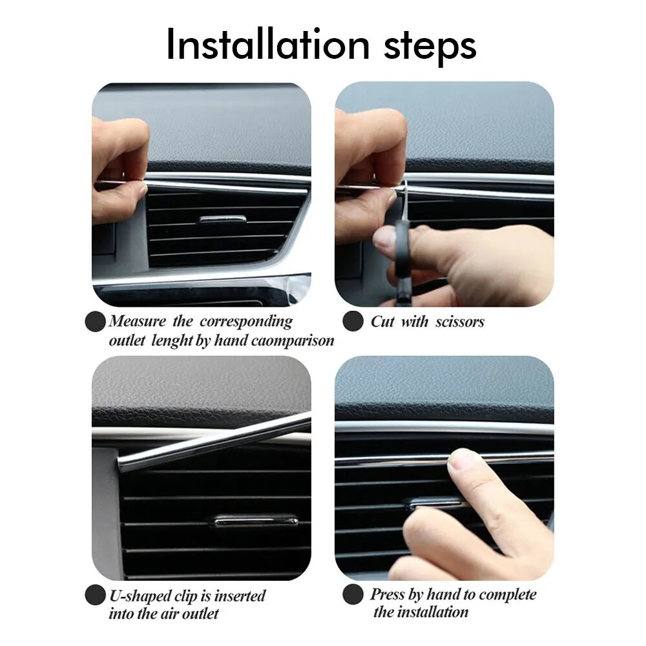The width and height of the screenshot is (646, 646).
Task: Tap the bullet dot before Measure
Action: tap(95, 321)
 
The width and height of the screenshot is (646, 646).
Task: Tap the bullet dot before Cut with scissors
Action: tap(353, 321)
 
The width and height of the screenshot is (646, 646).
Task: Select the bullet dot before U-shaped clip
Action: tap(95, 595)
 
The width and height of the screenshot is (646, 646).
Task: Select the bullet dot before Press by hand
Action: tap(353, 595)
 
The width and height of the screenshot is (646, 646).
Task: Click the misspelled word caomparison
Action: tap(292, 340)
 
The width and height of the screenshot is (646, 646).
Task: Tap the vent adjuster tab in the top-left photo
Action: tap(222, 220)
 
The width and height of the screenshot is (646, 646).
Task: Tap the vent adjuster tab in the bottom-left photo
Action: tap(256, 521)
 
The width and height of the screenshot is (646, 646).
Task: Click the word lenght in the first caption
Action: tap(172, 340)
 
